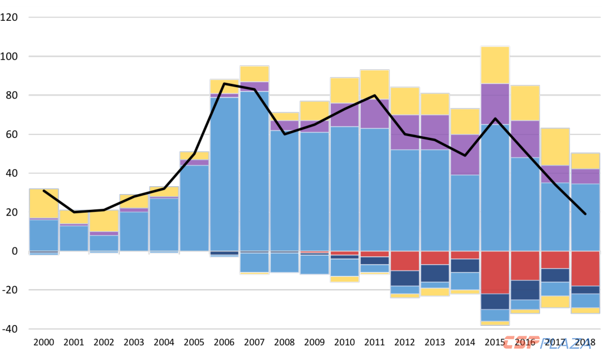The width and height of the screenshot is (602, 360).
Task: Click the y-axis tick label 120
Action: tap(10, 17)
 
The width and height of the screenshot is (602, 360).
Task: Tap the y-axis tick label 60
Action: tap(12, 134)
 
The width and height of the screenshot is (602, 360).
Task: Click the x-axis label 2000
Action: tap(44, 342)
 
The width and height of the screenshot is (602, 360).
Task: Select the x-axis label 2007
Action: tap(254, 342)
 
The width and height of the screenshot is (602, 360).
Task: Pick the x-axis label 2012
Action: tap(405, 342)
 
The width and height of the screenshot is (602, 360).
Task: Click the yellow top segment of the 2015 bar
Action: tap(495, 65)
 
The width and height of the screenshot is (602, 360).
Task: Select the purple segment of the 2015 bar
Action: tap(495, 104)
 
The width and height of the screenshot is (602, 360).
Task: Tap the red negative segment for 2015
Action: tap(495, 272)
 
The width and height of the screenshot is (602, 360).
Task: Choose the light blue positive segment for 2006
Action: tap(224, 174)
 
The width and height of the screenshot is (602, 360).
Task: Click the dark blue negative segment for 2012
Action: tap(405, 278)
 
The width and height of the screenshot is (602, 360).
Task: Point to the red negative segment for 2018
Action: tap(585, 268)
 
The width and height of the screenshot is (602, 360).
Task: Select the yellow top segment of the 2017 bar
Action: tap(555, 147)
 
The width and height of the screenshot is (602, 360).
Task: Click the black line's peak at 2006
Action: tap(224, 84)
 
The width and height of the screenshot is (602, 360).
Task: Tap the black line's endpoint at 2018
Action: tap(585, 214)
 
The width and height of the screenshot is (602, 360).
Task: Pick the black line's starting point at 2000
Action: tap(44, 191)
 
